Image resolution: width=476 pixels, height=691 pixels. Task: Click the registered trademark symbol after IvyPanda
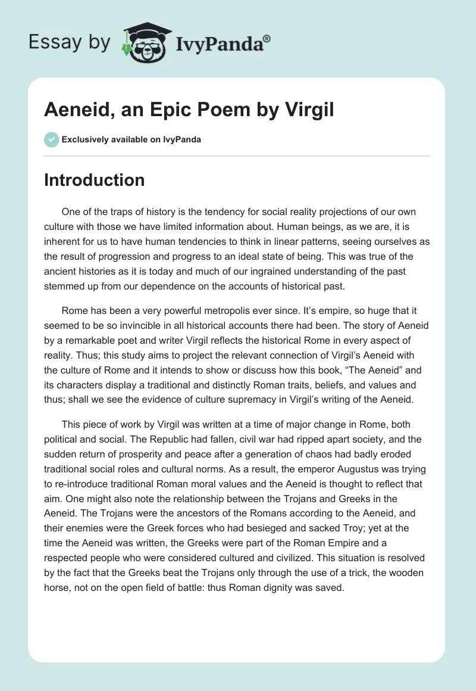pos(267,38)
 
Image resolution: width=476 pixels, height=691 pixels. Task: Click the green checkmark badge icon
pos(51,139)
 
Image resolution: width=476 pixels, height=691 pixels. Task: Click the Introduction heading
pos(94,180)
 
